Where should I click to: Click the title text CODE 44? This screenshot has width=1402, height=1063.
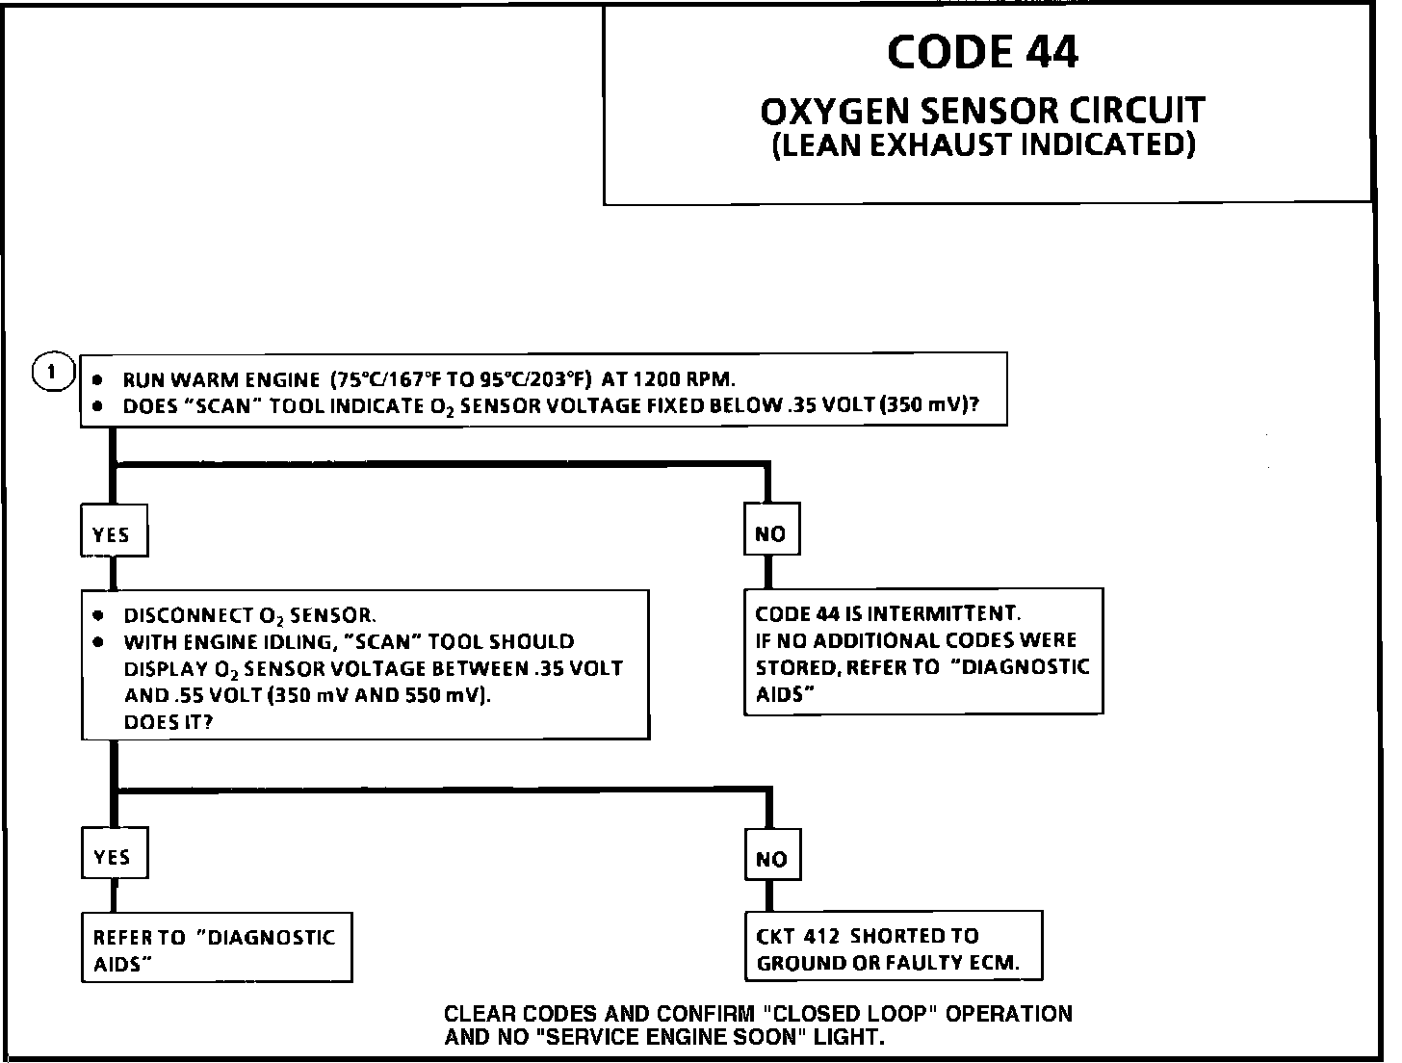[x=982, y=52]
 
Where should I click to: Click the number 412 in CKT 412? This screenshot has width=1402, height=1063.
[x=821, y=936]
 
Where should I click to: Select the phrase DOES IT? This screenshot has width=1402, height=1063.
[x=169, y=722]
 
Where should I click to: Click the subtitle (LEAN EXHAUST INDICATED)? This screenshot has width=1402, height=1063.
[x=983, y=144]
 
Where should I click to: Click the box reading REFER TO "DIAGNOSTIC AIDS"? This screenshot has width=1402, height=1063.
[x=216, y=948]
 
